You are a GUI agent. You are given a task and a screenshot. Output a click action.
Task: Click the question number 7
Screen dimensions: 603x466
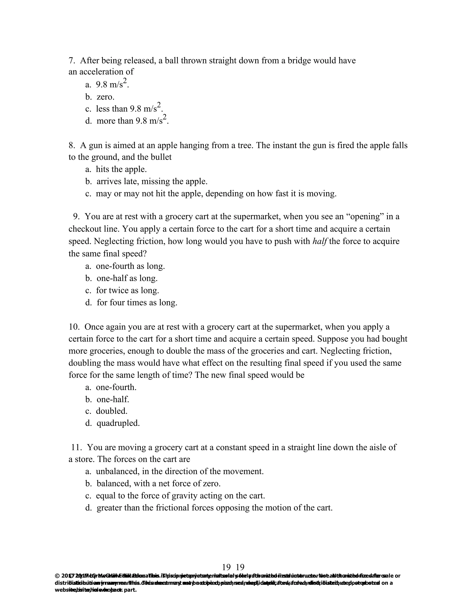coord(71,61)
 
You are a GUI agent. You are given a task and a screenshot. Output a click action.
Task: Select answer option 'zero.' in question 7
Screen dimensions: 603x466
coord(105,97)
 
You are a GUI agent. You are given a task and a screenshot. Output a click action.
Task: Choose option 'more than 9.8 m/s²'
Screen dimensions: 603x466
coord(132,121)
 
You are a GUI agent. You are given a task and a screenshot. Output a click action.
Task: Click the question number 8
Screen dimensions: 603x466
coord(71,145)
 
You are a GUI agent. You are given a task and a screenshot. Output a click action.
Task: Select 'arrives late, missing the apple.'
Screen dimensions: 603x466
coord(152,181)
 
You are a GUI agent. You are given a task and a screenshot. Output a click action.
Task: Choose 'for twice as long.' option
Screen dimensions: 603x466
coord(127,290)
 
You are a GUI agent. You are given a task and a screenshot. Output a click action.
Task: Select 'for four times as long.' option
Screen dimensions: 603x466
coord(137,303)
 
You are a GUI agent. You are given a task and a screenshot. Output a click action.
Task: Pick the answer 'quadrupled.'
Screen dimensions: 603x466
coord(118,423)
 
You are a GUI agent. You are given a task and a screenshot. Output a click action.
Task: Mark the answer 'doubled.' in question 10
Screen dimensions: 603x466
coord(111,411)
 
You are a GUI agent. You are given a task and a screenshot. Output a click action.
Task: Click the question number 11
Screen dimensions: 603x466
coord(76,447)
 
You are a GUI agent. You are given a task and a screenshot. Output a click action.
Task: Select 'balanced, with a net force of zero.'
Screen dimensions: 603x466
coord(158,484)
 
